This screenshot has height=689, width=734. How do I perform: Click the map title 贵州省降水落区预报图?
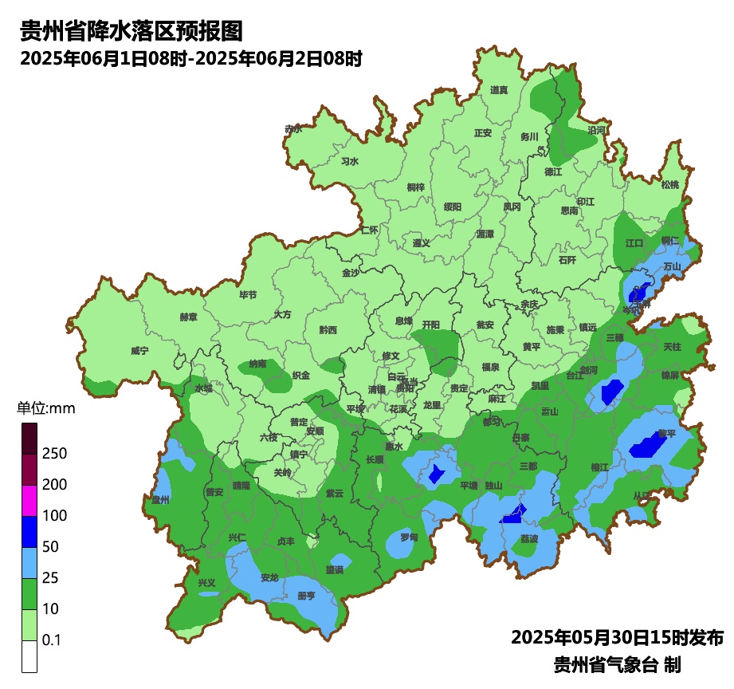point(130,32)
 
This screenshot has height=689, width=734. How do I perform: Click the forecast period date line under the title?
point(191,58)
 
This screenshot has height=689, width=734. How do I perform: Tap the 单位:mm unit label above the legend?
point(45,409)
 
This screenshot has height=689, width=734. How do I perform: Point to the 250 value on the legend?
point(54,454)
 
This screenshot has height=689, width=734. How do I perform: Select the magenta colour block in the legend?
point(29,500)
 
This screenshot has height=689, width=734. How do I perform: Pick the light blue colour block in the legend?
point(29,563)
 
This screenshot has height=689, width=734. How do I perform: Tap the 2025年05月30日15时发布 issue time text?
point(617,638)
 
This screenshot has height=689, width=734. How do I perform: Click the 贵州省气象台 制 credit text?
point(617,664)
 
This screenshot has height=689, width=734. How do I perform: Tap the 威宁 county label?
point(139,351)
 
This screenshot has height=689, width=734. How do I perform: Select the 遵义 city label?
point(422,243)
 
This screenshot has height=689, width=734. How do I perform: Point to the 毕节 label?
point(248,295)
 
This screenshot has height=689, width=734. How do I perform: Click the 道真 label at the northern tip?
point(499,90)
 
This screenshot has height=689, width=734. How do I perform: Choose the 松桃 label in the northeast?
point(670,185)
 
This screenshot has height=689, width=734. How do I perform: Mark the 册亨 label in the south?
point(306,596)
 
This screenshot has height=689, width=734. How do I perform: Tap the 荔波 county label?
point(529,539)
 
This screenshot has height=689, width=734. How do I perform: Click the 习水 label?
point(350,161)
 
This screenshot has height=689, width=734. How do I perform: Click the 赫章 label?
point(188,317)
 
